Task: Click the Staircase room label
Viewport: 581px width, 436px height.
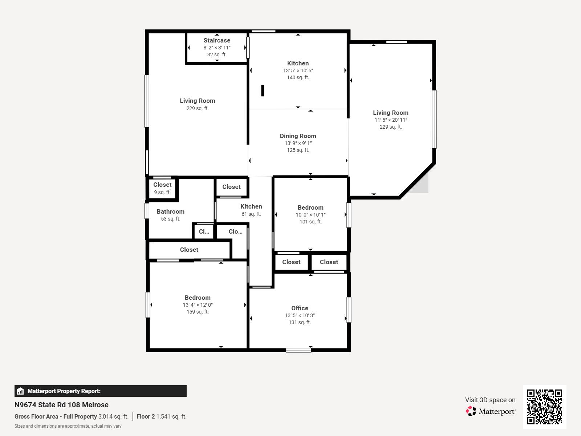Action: click(x=217, y=40)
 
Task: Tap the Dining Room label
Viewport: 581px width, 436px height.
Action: click(x=298, y=136)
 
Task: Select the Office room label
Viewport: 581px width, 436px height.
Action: click(x=300, y=308)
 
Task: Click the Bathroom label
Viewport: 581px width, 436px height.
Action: click(x=170, y=211)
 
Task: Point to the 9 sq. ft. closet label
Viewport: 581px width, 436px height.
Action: click(x=162, y=193)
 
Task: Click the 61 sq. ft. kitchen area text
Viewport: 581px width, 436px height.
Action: click(x=251, y=214)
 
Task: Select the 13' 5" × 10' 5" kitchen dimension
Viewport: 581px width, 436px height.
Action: click(x=298, y=71)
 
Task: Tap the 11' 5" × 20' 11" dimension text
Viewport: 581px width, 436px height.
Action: click(x=391, y=120)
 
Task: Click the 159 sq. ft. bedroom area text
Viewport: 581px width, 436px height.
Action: click(x=198, y=312)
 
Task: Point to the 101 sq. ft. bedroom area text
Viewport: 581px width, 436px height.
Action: click(x=310, y=222)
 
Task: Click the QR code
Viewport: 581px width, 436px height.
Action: click(x=544, y=407)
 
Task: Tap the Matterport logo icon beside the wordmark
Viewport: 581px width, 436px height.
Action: click(x=471, y=411)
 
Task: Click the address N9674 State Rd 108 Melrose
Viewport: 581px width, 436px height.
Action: click(x=61, y=405)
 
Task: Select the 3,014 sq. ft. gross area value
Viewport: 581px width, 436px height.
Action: click(x=113, y=417)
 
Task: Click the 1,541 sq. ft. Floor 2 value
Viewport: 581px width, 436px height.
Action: click(x=171, y=417)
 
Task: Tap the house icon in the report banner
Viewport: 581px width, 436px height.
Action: click(x=20, y=391)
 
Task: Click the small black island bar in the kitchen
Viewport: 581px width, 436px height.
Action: click(x=263, y=90)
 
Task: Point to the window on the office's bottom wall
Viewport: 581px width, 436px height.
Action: click(x=298, y=350)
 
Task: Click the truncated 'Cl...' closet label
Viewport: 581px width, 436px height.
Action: click(x=204, y=232)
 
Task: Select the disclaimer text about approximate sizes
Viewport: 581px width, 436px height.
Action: click(x=68, y=426)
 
